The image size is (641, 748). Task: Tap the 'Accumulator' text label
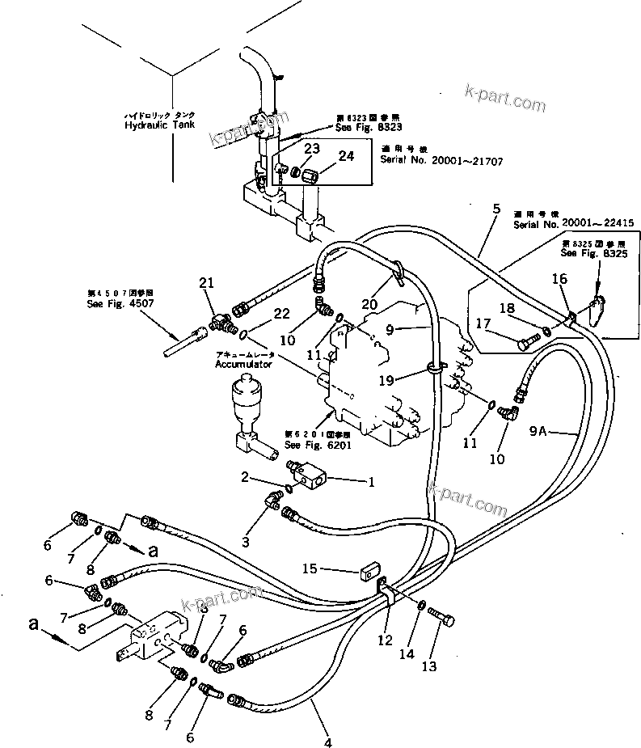(x=245, y=365)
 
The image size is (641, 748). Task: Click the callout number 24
(x=346, y=157)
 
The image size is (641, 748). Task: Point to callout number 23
(x=311, y=149)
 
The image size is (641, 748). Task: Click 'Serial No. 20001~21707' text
(x=441, y=162)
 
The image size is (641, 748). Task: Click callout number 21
(x=208, y=282)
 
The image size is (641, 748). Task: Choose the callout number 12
(x=385, y=640)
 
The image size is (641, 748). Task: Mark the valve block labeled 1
(x=308, y=473)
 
